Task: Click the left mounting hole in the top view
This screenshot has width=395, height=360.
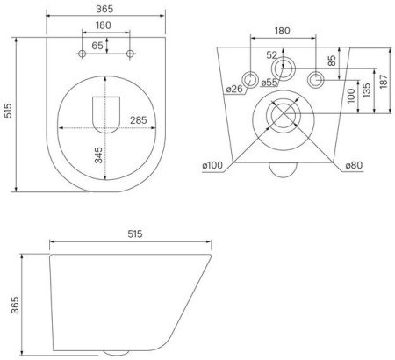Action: (82, 54)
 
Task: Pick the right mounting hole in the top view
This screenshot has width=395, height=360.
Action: (130, 54)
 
